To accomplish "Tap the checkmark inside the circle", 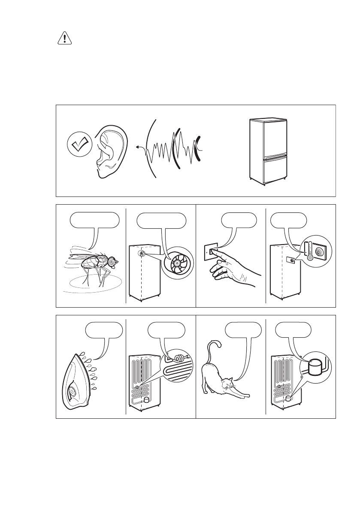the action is coord(79,145).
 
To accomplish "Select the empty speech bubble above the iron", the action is coord(104,331).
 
